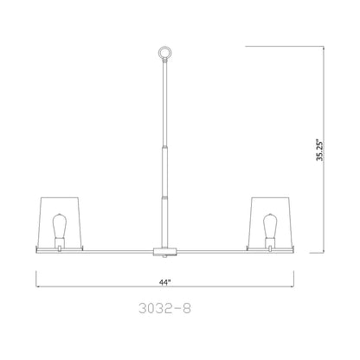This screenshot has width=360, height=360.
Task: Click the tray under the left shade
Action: (x=59, y=247)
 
